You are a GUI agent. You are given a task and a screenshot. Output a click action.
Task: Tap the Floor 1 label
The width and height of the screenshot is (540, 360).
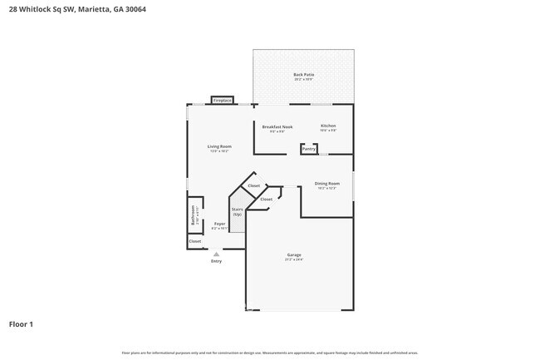tap(21, 323)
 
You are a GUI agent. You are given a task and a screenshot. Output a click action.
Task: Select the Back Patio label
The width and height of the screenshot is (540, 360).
tap(303, 75)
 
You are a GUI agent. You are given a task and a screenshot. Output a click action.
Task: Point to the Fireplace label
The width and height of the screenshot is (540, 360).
tap(222, 101)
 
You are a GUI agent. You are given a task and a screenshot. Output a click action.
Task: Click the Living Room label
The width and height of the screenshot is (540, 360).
tap(218, 146)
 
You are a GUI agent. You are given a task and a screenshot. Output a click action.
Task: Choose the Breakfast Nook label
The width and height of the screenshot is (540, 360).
tap(277, 126)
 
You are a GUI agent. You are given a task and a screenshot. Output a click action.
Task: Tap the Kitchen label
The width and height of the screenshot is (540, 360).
tap(328, 126)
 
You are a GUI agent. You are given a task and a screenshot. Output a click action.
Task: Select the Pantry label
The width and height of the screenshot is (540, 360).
tap(309, 150)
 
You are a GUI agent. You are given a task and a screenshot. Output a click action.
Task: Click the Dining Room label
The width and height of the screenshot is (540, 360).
tap(327, 183)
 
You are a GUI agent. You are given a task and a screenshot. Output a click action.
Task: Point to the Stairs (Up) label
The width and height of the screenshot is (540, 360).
tap(237, 211)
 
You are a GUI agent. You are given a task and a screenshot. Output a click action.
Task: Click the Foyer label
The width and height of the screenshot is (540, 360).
tap(219, 223)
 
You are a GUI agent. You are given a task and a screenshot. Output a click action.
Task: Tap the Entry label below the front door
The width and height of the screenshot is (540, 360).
tap(216, 261)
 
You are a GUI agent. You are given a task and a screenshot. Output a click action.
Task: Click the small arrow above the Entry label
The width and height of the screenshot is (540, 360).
tap(216, 254)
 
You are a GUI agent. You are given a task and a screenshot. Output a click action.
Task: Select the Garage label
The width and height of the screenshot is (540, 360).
tap(294, 254)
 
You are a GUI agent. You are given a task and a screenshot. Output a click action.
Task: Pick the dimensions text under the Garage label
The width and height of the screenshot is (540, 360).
tap(294, 260)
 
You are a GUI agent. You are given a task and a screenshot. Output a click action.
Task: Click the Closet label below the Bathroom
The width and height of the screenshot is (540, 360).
tap(194, 241)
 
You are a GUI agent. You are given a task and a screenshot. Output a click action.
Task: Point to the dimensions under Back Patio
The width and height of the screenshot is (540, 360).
tap(303, 80)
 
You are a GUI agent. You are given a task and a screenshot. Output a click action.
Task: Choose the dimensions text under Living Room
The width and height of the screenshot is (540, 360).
tap(218, 151)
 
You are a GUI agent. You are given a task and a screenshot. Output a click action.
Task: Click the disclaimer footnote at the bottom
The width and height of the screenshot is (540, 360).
tap(269, 353)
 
